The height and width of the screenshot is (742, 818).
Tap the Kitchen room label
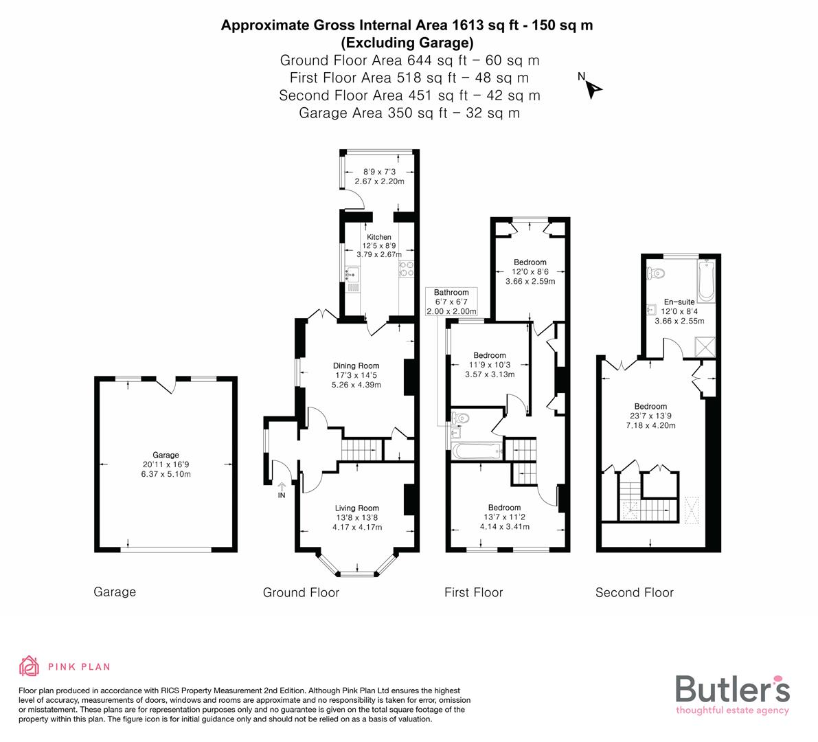point(378,237)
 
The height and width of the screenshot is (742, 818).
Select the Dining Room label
point(356,366)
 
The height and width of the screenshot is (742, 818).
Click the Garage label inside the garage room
point(166,455)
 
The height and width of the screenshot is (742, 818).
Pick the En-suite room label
point(679,302)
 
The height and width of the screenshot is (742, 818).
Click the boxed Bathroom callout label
point(451,293)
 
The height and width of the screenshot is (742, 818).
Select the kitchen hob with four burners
point(405,270)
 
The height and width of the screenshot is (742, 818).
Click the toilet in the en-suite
point(657,273)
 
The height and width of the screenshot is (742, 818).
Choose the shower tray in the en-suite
point(704,346)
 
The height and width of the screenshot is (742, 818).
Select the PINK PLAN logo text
point(79,666)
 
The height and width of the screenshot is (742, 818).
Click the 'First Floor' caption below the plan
point(473,592)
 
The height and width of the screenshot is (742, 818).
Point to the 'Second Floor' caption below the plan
point(634,592)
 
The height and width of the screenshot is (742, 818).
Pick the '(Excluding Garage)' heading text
point(407,43)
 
